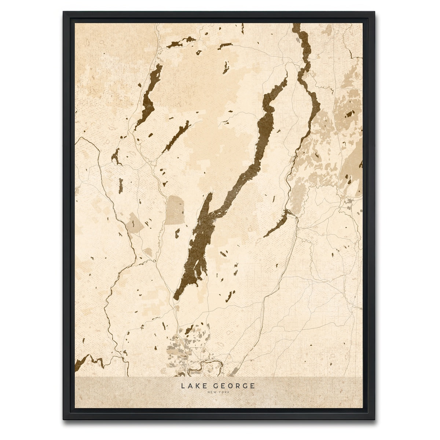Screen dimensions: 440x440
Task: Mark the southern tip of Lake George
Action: [176, 298]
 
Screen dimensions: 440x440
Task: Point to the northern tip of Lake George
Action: [286, 78]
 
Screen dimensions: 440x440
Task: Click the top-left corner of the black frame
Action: [64, 12]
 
